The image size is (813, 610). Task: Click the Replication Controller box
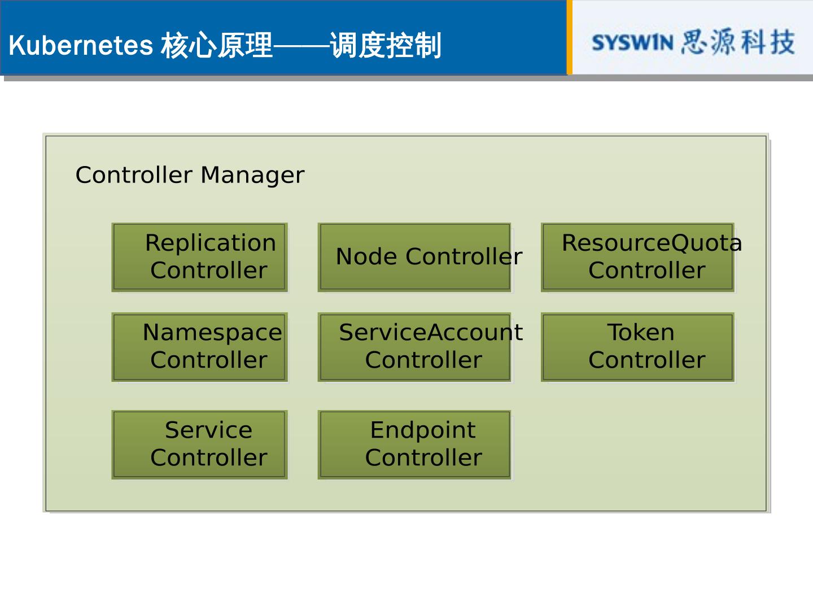point(200,258)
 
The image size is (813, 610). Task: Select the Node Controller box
point(415,258)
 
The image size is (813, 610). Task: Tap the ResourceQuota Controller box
point(637,258)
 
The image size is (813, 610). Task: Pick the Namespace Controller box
point(200,347)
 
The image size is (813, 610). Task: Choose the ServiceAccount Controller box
point(415,347)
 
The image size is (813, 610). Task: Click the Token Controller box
point(637,347)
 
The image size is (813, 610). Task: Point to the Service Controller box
point(200,445)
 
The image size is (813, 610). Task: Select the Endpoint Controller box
point(415,445)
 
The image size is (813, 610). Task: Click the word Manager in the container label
point(252,176)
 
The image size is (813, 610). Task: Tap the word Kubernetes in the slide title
point(81,45)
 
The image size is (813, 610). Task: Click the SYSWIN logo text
point(632,43)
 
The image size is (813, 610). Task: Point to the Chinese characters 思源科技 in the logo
point(738,42)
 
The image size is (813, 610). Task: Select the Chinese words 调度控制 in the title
point(385,45)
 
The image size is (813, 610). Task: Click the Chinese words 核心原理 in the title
point(217,45)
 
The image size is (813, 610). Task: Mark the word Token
point(641,333)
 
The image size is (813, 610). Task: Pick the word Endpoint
point(423,430)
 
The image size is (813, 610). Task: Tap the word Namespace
point(212,333)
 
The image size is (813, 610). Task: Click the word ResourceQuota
point(652,243)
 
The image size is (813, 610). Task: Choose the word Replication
point(211,243)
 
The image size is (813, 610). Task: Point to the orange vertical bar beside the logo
point(569,37)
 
